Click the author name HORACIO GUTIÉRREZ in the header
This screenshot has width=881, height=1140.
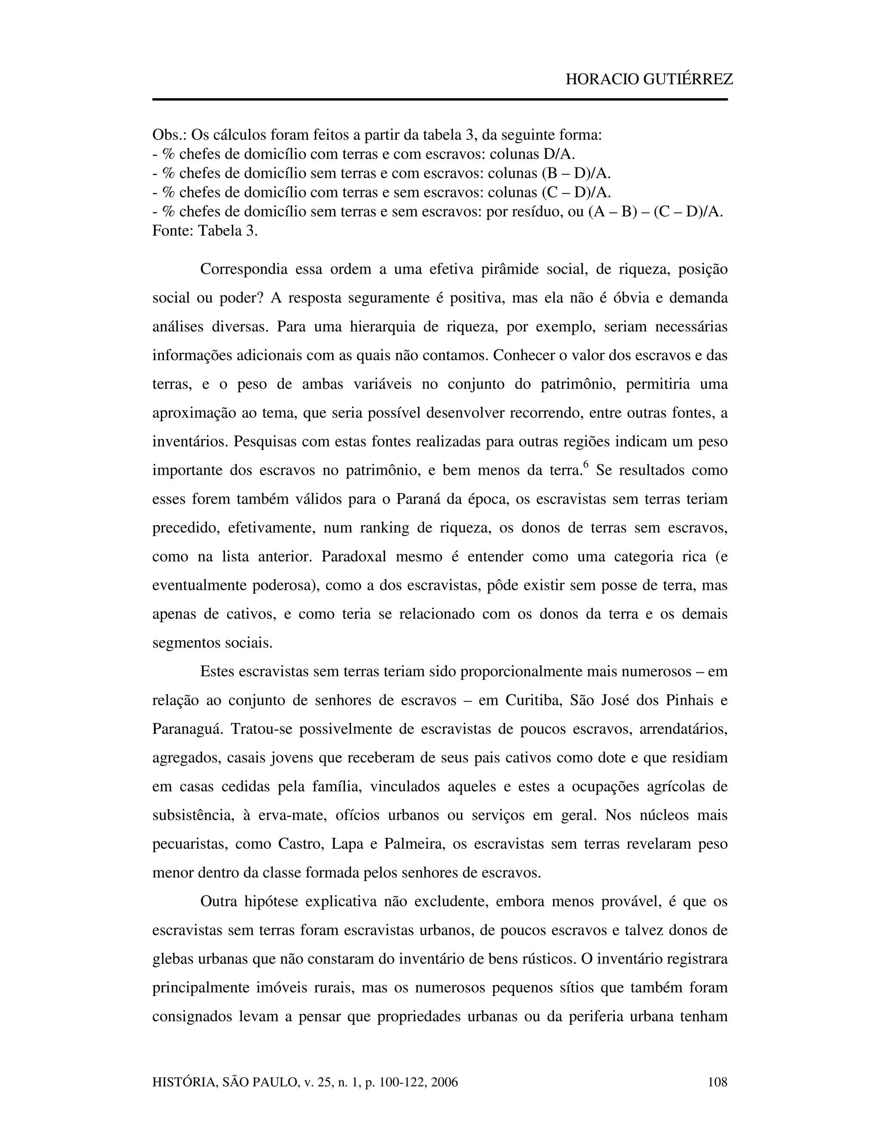point(649,79)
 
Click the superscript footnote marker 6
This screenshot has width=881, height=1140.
point(585,465)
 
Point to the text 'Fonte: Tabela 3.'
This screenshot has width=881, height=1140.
point(205,231)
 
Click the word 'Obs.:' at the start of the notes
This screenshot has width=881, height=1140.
point(169,135)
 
